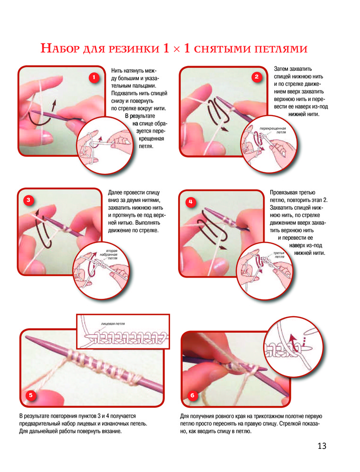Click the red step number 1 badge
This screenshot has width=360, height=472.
[94, 78]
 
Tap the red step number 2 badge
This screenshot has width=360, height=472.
[257, 77]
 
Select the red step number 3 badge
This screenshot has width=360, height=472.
[28, 200]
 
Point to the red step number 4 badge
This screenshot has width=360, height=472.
[190, 202]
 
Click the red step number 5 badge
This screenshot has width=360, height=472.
[31, 395]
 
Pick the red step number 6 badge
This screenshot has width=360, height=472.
[192, 396]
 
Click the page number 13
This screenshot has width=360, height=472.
[322, 446]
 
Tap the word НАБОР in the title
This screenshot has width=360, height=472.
[60, 48]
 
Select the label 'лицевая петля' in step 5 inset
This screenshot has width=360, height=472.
[113, 324]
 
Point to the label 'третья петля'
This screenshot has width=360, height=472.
[279, 255]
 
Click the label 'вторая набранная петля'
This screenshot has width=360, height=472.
[109, 254]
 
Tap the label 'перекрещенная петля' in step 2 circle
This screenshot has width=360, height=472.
[273, 130]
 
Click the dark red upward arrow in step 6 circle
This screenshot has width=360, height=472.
[292, 342]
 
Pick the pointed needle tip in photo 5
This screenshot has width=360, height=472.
[26, 337]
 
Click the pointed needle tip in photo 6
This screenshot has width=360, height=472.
[287, 395]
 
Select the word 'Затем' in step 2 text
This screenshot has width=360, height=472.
[281, 69]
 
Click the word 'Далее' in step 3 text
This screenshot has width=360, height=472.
[115, 193]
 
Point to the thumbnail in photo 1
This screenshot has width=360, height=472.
[46, 138]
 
